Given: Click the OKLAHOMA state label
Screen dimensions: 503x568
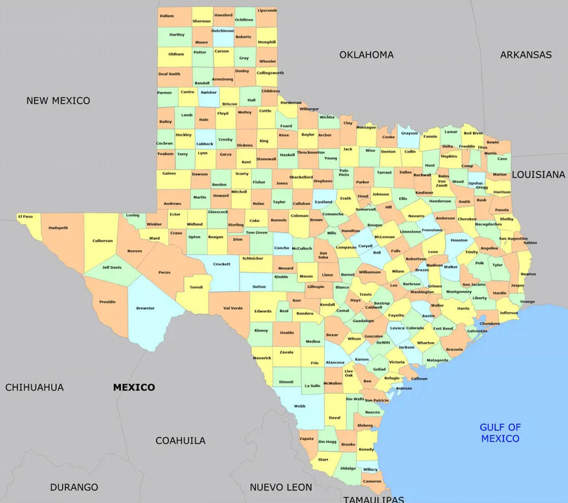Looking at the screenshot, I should pyautogui.click(x=366, y=55).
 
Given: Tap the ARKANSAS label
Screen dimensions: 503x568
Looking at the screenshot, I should pyautogui.click(x=526, y=55).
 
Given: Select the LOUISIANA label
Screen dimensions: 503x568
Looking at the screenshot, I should pyautogui.click(x=538, y=175).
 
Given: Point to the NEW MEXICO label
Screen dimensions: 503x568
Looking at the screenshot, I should pyautogui.click(x=58, y=101).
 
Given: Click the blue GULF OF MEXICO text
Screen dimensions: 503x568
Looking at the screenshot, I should pyautogui.click(x=500, y=433).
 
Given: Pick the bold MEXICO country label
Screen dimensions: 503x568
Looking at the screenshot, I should pyautogui.click(x=134, y=387).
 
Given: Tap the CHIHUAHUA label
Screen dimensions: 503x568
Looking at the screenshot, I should pyautogui.click(x=35, y=387).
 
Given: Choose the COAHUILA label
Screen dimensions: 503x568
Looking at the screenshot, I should pyautogui.click(x=180, y=441).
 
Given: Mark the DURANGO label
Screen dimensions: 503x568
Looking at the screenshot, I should pyautogui.click(x=74, y=487).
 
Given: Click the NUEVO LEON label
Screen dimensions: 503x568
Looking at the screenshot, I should pyautogui.click(x=281, y=487).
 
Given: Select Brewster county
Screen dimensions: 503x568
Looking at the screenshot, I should pyautogui.click(x=145, y=308).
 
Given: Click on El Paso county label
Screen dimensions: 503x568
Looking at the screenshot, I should pyautogui.click(x=25, y=216).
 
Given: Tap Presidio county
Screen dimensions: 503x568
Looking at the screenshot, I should pyautogui.click(x=107, y=302).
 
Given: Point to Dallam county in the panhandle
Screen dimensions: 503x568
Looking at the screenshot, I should pyautogui.click(x=167, y=16).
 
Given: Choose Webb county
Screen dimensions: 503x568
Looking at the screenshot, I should pyautogui.click(x=299, y=406).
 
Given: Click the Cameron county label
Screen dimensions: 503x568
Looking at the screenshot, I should pyautogui.click(x=372, y=481).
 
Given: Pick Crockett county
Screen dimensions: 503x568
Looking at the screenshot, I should pyautogui.click(x=222, y=264).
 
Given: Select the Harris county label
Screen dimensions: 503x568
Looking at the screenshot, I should pyautogui.click(x=463, y=308).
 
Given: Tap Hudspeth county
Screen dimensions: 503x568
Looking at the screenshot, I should pyautogui.click(x=58, y=228).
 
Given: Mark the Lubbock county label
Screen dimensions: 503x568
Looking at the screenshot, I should pyautogui.click(x=204, y=144).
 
